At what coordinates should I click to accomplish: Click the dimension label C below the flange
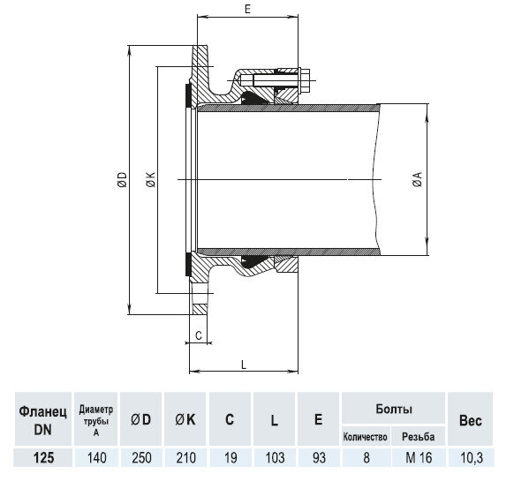pos(199,335)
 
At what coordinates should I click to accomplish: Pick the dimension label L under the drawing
pos(243,363)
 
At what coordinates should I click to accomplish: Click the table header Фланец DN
pos(38,419)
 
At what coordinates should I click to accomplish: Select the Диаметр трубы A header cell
pos(96,419)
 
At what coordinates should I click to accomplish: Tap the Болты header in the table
pos(392,410)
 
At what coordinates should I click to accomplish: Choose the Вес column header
pos(469,421)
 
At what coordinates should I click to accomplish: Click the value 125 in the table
pos(38,460)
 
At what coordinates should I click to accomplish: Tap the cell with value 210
pos(185,460)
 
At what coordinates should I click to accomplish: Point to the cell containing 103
pos(275,460)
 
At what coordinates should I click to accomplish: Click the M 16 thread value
pos(419,460)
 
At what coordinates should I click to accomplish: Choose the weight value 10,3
pos(469,460)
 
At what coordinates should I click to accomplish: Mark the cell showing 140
pos(96,460)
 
